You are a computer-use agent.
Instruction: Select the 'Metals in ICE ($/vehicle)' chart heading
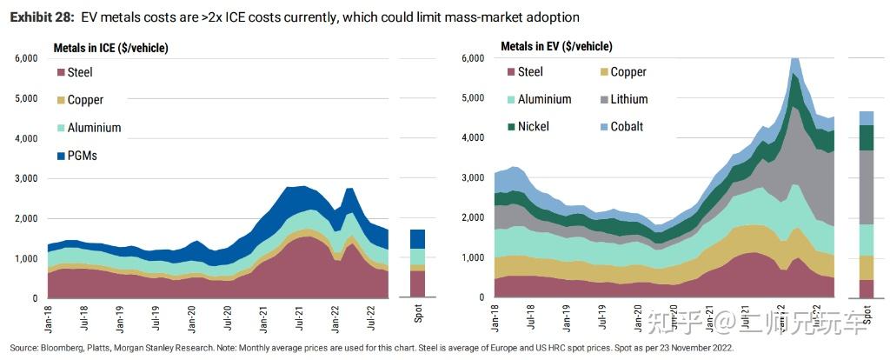pyautogui.click(x=110, y=47)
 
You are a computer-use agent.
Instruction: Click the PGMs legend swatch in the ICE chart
pyautogui.click(x=61, y=156)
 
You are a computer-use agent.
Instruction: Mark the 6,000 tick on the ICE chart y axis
pyautogui.click(x=23, y=58)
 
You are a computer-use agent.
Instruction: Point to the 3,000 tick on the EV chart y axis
pyautogui.click(x=470, y=177)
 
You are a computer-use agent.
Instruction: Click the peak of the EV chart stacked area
pyautogui.click(x=794, y=60)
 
